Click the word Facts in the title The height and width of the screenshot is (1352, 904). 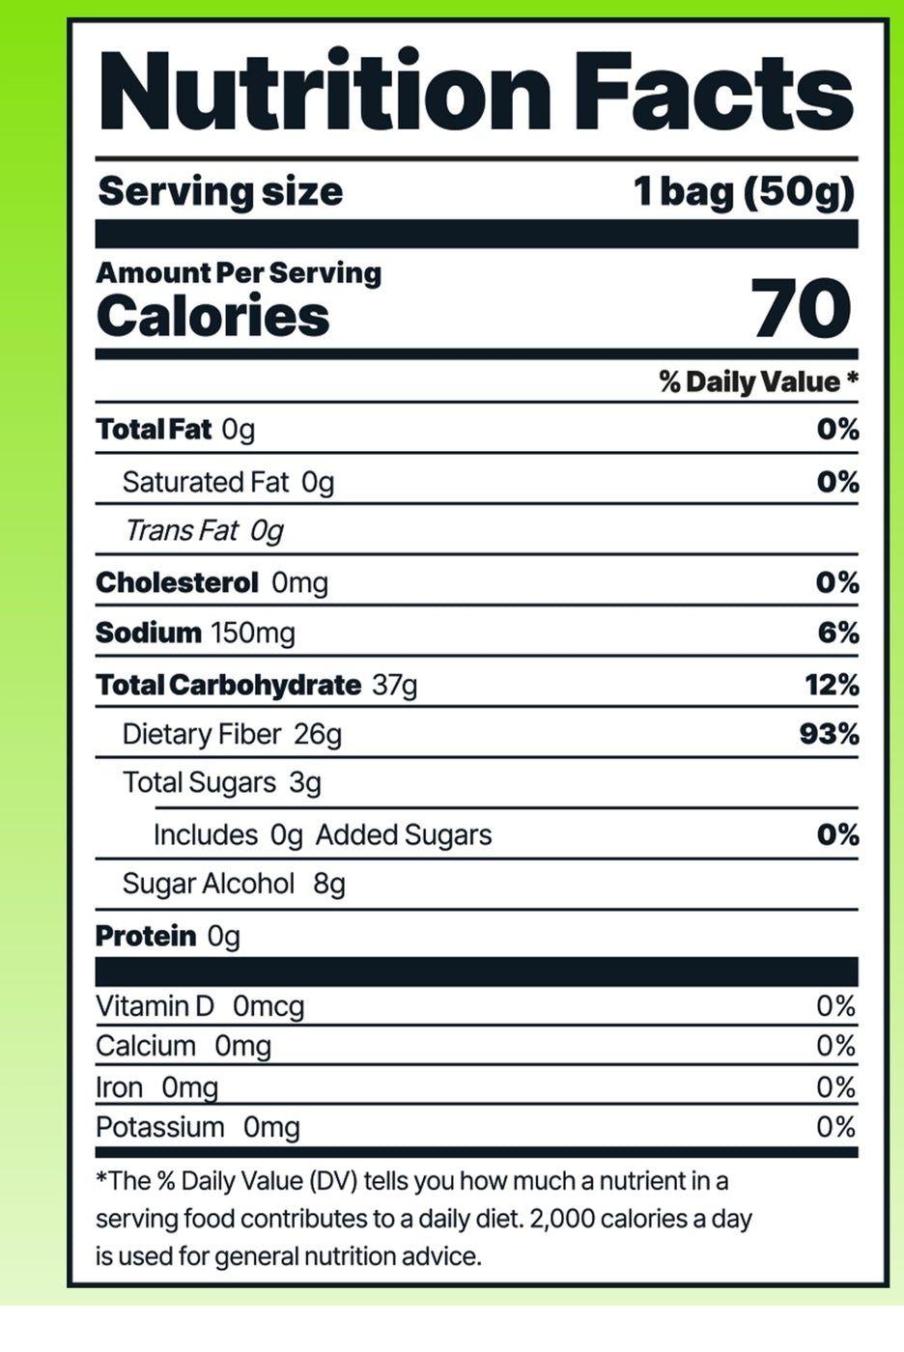(x=714, y=91)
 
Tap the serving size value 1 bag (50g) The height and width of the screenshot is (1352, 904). (x=744, y=191)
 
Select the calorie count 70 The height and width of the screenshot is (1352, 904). (x=801, y=309)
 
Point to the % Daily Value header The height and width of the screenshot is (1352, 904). (x=758, y=381)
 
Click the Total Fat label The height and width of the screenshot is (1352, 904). (x=154, y=429)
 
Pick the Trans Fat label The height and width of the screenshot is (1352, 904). (x=182, y=530)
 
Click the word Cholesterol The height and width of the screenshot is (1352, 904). (x=177, y=582)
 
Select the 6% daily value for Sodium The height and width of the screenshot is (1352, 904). (x=837, y=633)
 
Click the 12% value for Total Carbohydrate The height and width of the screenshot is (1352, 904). (x=832, y=685)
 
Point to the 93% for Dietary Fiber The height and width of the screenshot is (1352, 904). (x=829, y=734)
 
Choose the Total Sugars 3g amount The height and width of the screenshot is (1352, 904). (x=305, y=782)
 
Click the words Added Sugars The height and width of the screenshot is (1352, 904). (x=404, y=834)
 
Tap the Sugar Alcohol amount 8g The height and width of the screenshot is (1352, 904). (x=329, y=884)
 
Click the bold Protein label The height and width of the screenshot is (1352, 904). (x=145, y=936)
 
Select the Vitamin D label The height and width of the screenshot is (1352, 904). (x=155, y=1006)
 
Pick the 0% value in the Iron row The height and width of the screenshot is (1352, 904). (x=835, y=1087)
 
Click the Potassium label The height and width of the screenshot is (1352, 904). (x=159, y=1127)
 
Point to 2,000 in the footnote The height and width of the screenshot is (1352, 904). (x=561, y=1218)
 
